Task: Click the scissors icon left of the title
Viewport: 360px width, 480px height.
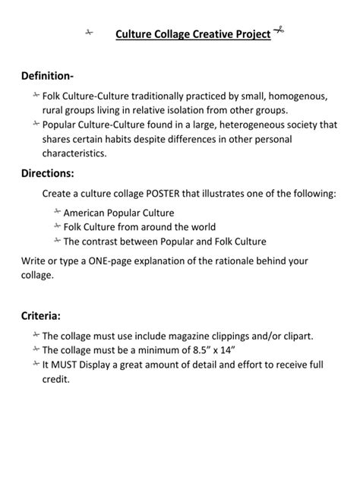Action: click(x=89, y=33)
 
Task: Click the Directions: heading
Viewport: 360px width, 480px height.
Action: click(x=48, y=173)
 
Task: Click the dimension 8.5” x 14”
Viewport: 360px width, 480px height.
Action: click(x=210, y=350)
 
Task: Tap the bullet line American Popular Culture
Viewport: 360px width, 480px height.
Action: click(x=118, y=213)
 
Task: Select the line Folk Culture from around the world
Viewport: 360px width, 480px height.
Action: click(x=140, y=227)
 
